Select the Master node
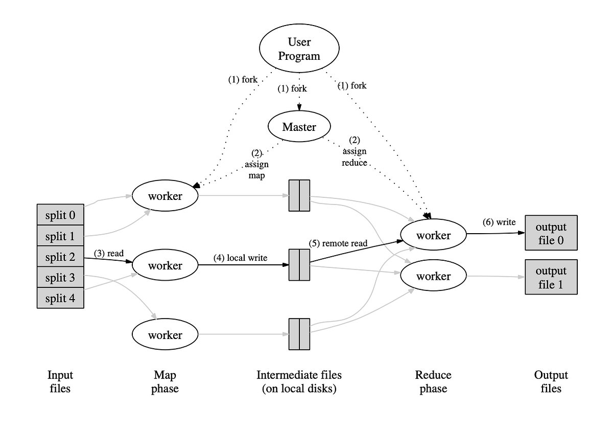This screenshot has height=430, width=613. click(x=299, y=127)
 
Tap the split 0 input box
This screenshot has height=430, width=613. click(x=60, y=215)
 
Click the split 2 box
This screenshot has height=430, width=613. click(x=60, y=257)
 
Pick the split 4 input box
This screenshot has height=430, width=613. click(x=60, y=299)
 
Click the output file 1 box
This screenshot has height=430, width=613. click(x=551, y=277)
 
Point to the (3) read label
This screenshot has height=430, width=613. click(x=109, y=254)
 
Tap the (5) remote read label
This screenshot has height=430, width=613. click(x=338, y=243)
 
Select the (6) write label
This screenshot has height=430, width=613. click(x=499, y=222)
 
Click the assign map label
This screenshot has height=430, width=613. click(x=256, y=164)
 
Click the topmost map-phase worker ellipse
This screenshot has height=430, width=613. click(x=165, y=196)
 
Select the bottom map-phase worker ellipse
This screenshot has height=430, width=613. click(x=165, y=335)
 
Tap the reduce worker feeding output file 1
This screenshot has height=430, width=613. click(x=433, y=277)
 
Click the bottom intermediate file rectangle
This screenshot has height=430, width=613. click(x=299, y=334)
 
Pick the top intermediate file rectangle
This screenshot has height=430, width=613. click(x=299, y=195)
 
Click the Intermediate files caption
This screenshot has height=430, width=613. click(x=299, y=381)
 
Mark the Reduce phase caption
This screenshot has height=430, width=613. click(x=433, y=381)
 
